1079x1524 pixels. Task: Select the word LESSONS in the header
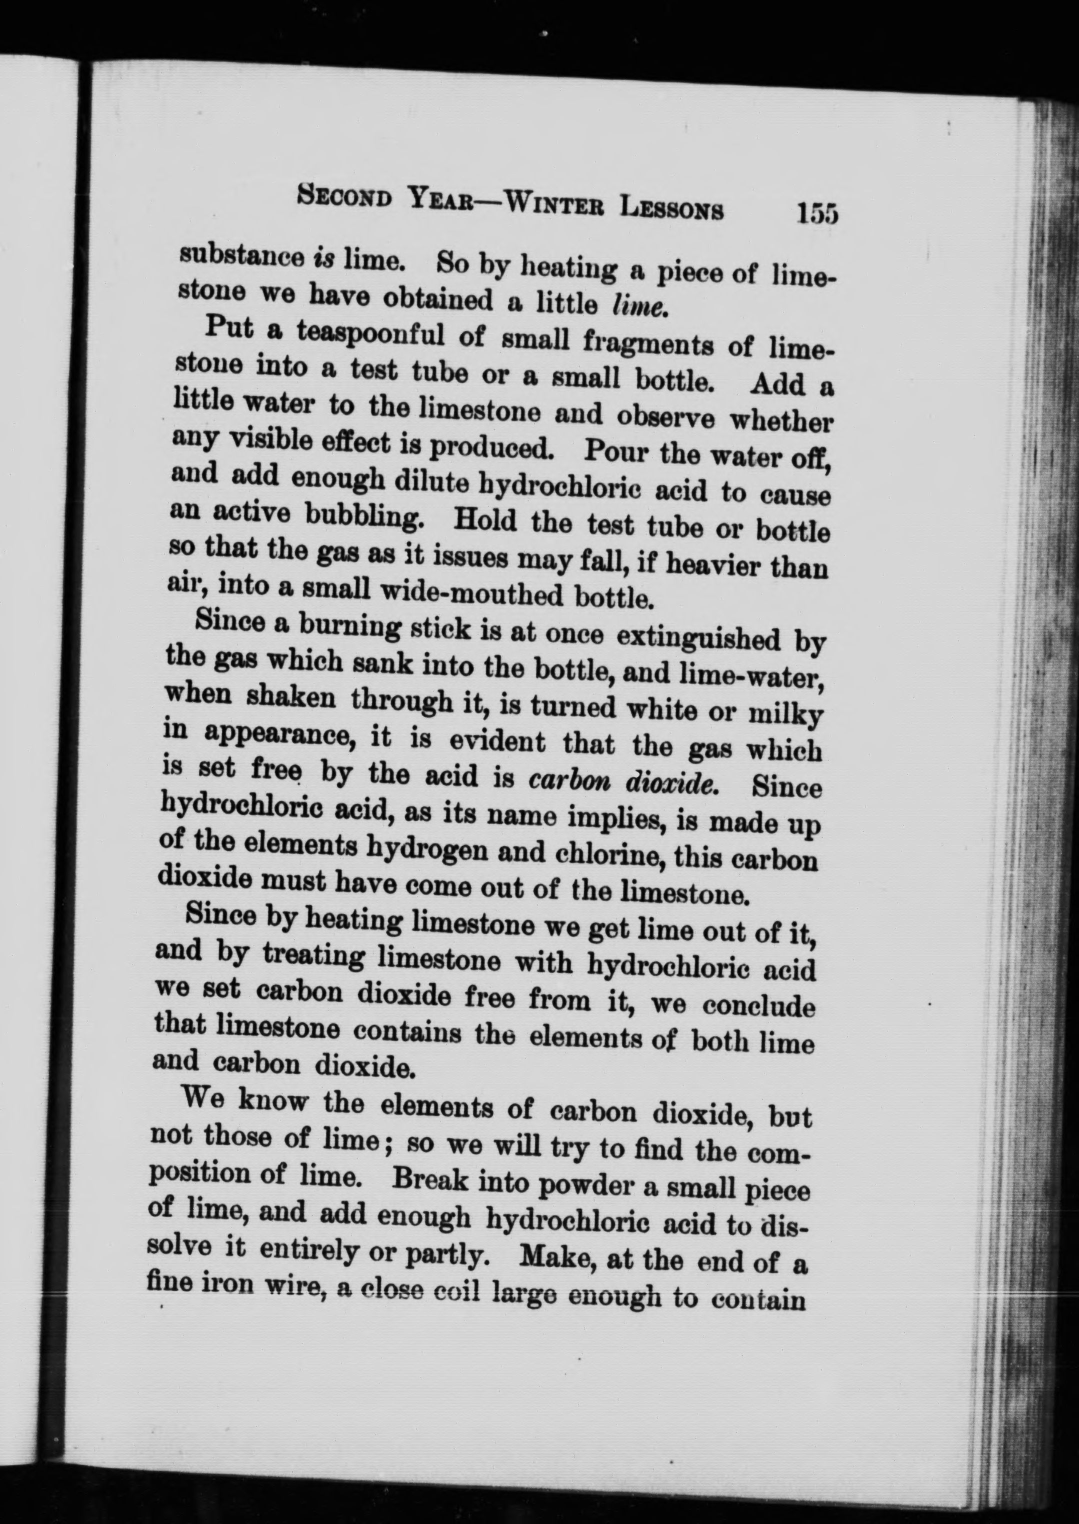pos(671,208)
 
